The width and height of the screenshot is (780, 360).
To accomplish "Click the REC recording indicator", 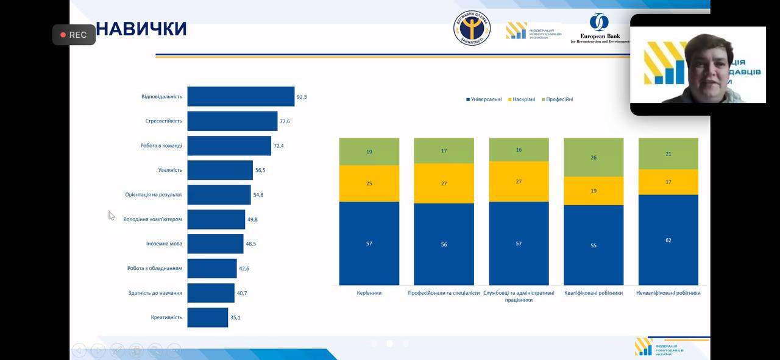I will tap(74, 35).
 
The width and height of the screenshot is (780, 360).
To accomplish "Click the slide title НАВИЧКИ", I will tap(141, 29).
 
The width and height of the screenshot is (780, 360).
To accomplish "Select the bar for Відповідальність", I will tap(241, 96).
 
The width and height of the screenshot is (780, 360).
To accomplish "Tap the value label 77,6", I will tap(285, 121).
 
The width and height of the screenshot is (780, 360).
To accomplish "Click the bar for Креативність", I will tap(207, 317).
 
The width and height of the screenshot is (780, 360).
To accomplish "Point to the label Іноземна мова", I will tap(164, 244).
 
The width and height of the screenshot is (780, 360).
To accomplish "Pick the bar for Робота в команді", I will tap(229, 146).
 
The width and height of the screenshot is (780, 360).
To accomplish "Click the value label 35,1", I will tap(235, 317).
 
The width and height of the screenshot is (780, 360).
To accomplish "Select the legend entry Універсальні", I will tap(484, 99).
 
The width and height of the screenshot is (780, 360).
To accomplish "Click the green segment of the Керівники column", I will tap(369, 152).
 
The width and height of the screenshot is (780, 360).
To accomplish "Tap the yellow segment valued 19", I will tap(594, 191).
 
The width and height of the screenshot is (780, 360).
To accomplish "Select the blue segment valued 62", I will tap(668, 240).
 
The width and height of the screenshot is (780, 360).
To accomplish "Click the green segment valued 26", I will tap(594, 157).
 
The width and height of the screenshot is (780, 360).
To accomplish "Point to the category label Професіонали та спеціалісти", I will tap(444, 293).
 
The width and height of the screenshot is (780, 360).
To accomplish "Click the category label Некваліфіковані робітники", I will tap(668, 293).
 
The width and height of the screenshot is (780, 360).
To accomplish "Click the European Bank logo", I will tap(599, 29).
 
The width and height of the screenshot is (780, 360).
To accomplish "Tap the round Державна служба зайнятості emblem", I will tap(472, 28).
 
